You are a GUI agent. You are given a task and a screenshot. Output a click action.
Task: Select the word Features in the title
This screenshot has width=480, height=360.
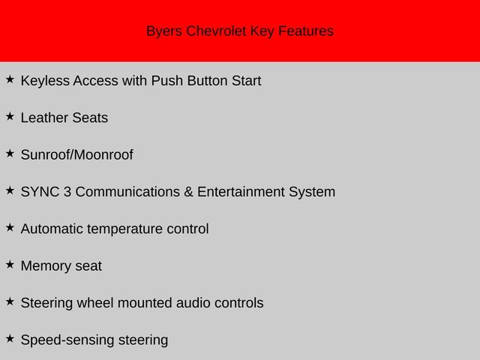(305, 31)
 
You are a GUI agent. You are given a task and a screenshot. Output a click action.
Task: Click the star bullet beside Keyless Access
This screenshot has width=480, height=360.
(10, 79)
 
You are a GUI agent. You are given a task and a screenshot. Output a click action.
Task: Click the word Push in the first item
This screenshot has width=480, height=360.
(167, 80)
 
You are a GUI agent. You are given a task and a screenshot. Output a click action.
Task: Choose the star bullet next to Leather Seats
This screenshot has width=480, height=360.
(10, 116)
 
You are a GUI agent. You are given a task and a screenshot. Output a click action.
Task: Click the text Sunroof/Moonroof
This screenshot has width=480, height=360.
(76, 155)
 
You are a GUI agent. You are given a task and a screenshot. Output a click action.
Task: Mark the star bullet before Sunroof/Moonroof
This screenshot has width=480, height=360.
(10, 153)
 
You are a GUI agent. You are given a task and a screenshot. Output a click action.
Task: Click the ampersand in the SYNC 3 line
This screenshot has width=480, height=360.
(188, 192)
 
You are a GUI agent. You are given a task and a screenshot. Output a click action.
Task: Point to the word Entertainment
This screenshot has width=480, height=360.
(241, 192)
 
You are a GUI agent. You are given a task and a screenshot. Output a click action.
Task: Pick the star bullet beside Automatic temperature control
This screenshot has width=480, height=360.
(10, 227)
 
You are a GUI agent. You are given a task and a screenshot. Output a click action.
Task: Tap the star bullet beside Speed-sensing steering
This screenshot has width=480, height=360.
(10, 338)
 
